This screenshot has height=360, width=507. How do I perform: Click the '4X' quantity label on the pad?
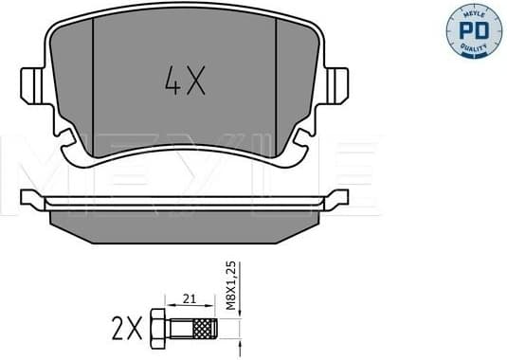pyautogui.click(x=184, y=84)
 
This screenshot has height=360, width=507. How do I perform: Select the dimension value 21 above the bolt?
pyautogui.click(x=190, y=300)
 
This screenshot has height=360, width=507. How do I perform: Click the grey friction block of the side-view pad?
pyautogui.click(x=184, y=224)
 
